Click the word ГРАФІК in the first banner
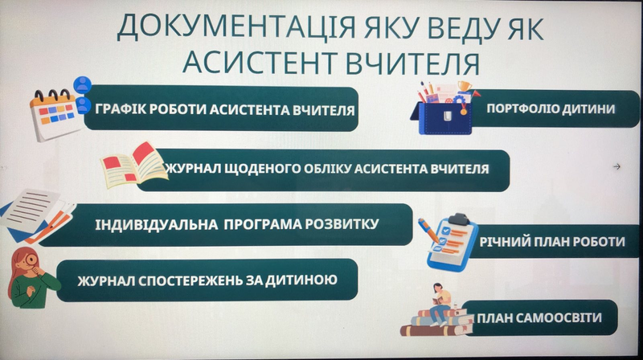point(119,109)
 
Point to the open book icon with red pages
point(134,165)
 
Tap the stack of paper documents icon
point(36,215)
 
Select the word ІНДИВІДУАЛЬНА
point(156,224)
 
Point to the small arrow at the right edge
point(616,166)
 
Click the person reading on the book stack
point(440,303)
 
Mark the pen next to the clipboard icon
point(428,230)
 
